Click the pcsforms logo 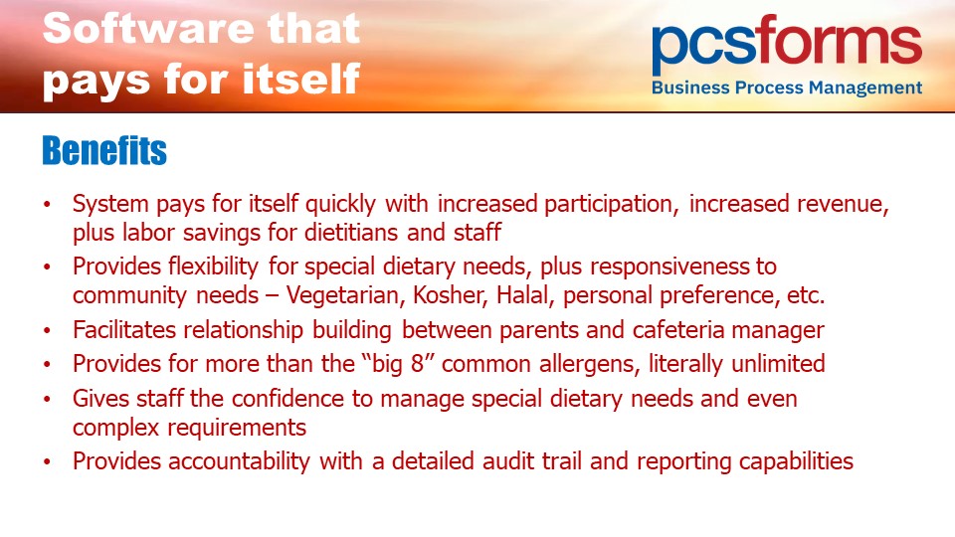786,55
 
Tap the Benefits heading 104,150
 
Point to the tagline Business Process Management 786,88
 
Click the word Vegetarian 342,295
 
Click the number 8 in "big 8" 417,364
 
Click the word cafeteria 677,330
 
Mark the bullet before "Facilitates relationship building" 48,330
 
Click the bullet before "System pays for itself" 48,204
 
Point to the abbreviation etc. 806,295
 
